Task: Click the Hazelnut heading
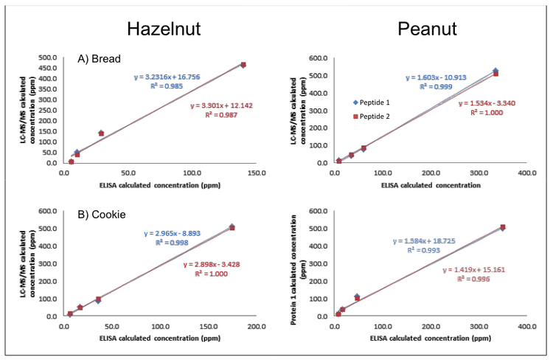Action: [164, 29]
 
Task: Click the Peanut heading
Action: [427, 29]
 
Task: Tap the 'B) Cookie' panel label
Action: [102, 215]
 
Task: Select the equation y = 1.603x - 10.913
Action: [437, 77]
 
